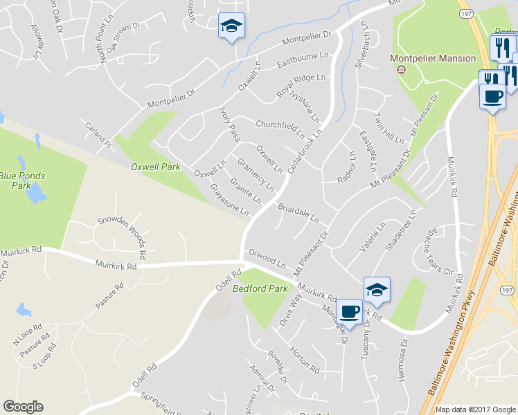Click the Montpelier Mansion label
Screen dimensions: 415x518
click(x=433, y=59)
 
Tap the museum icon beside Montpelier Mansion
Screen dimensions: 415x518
click(x=400, y=70)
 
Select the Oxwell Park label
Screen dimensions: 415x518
click(x=156, y=167)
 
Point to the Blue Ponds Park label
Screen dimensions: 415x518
click(x=23, y=181)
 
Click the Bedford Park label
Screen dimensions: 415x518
click(x=260, y=288)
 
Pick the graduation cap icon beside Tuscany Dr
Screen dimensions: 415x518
click(x=377, y=289)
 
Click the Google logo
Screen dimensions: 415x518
click(x=23, y=407)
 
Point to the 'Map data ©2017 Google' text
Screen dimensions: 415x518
click(x=474, y=409)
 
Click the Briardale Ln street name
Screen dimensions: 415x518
click(x=298, y=212)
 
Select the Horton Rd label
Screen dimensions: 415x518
click(x=305, y=358)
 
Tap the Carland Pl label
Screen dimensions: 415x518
click(x=98, y=138)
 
